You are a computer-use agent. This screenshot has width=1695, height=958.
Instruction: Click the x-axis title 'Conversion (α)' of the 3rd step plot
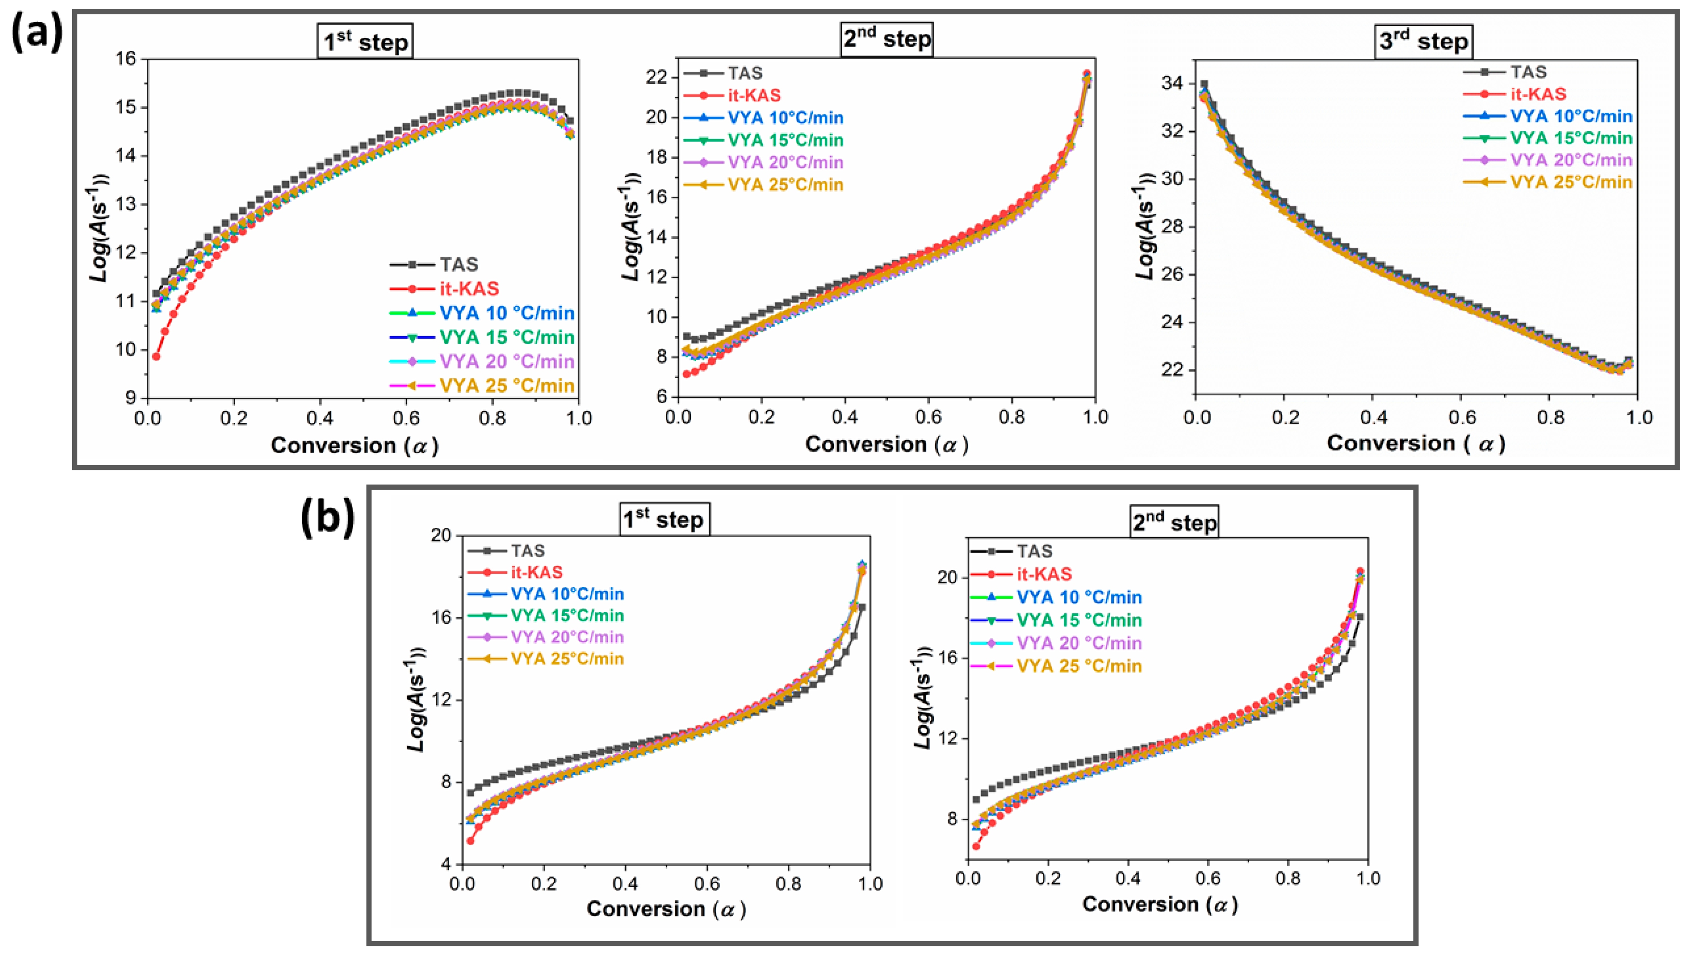[x=1415, y=443]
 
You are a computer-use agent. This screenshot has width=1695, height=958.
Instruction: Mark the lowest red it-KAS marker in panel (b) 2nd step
[x=976, y=846]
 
